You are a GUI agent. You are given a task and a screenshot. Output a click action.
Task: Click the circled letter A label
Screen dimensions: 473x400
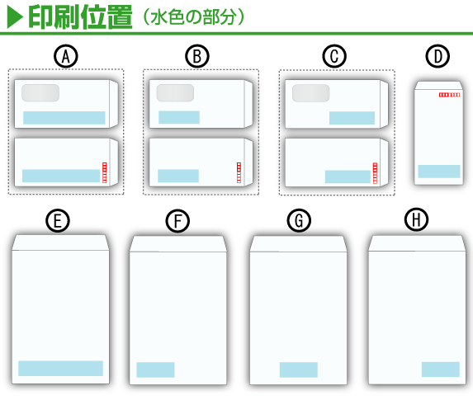pos(66,56)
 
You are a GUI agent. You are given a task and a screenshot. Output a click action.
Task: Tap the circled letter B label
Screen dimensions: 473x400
pos(197,56)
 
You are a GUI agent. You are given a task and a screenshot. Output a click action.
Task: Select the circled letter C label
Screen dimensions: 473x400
pos(334,56)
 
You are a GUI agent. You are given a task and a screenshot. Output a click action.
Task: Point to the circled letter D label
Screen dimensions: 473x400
pos(438,56)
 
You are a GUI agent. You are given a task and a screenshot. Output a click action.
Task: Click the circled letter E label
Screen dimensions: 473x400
pos(58,220)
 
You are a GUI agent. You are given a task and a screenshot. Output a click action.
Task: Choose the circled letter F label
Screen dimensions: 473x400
pos(177,220)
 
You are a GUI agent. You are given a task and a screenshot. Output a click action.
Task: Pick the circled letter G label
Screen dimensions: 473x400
pos(299,220)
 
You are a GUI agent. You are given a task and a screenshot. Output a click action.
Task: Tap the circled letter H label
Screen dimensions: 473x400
pos(417,219)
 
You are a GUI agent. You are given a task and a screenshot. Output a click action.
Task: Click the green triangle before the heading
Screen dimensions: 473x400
pos(15,17)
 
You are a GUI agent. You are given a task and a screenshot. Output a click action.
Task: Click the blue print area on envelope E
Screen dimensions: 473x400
pos(60,368)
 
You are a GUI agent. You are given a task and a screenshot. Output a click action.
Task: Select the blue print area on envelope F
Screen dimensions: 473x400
pos(156,369)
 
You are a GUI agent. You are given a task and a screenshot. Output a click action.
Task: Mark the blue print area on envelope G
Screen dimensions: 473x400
pos(299,369)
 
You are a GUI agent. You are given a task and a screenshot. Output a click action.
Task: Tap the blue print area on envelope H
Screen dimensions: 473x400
pos(441,369)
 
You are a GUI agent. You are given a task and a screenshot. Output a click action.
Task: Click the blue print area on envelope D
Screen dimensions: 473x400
pos(439,172)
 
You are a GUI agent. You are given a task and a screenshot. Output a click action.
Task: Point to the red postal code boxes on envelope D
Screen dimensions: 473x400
pos(449,95)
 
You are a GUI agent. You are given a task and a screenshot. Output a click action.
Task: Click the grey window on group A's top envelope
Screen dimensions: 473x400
pos(40,93)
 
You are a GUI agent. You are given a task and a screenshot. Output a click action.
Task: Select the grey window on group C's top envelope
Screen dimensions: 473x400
pos(310,93)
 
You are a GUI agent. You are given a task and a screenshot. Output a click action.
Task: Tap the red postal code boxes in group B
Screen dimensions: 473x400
pos(239,172)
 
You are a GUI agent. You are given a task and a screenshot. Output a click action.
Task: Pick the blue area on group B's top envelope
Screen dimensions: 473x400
pos(179,117)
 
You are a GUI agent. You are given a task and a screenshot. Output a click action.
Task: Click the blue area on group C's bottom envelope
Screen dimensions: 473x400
pos(348,176)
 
